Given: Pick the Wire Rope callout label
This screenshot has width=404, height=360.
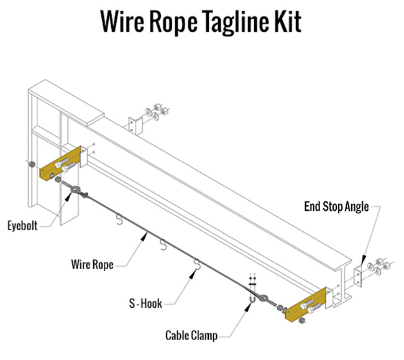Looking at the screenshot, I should pyautogui.click(x=91, y=265).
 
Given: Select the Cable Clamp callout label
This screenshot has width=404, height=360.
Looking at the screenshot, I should pyautogui.click(x=191, y=336).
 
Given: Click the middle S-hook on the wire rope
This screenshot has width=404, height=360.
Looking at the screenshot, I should pyautogui.click(x=163, y=244).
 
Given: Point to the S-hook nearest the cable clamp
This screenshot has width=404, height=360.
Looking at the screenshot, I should pyautogui.click(x=198, y=266).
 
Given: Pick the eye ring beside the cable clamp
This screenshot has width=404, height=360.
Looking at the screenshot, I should pyautogui.click(x=265, y=299).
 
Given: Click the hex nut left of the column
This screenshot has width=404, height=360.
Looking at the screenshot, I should pyautogui.click(x=29, y=165).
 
